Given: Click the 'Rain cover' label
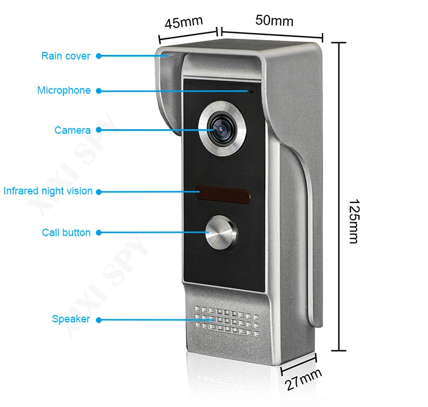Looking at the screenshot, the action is [x=66, y=56].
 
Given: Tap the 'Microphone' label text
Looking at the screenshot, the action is [x=64, y=90].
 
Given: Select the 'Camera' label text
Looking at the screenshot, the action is [x=72, y=130].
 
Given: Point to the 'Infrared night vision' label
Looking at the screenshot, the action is [x=48, y=191].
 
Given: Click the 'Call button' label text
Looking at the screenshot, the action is [x=66, y=233].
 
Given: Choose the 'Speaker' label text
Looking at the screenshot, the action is [x=71, y=319].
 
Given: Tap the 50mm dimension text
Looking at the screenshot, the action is [x=274, y=21].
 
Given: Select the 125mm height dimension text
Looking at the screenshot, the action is [x=353, y=222].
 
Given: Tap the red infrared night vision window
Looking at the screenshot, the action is [x=223, y=194].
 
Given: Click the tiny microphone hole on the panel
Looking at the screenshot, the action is [x=251, y=90].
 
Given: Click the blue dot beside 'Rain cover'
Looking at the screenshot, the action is [x=98, y=56].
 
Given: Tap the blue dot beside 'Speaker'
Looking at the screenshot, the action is [x=98, y=320].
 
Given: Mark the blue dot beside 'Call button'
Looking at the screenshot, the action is [x=98, y=233].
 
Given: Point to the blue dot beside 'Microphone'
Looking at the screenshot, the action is [x=98, y=90].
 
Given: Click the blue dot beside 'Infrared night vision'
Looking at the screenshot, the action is [x=98, y=191].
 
